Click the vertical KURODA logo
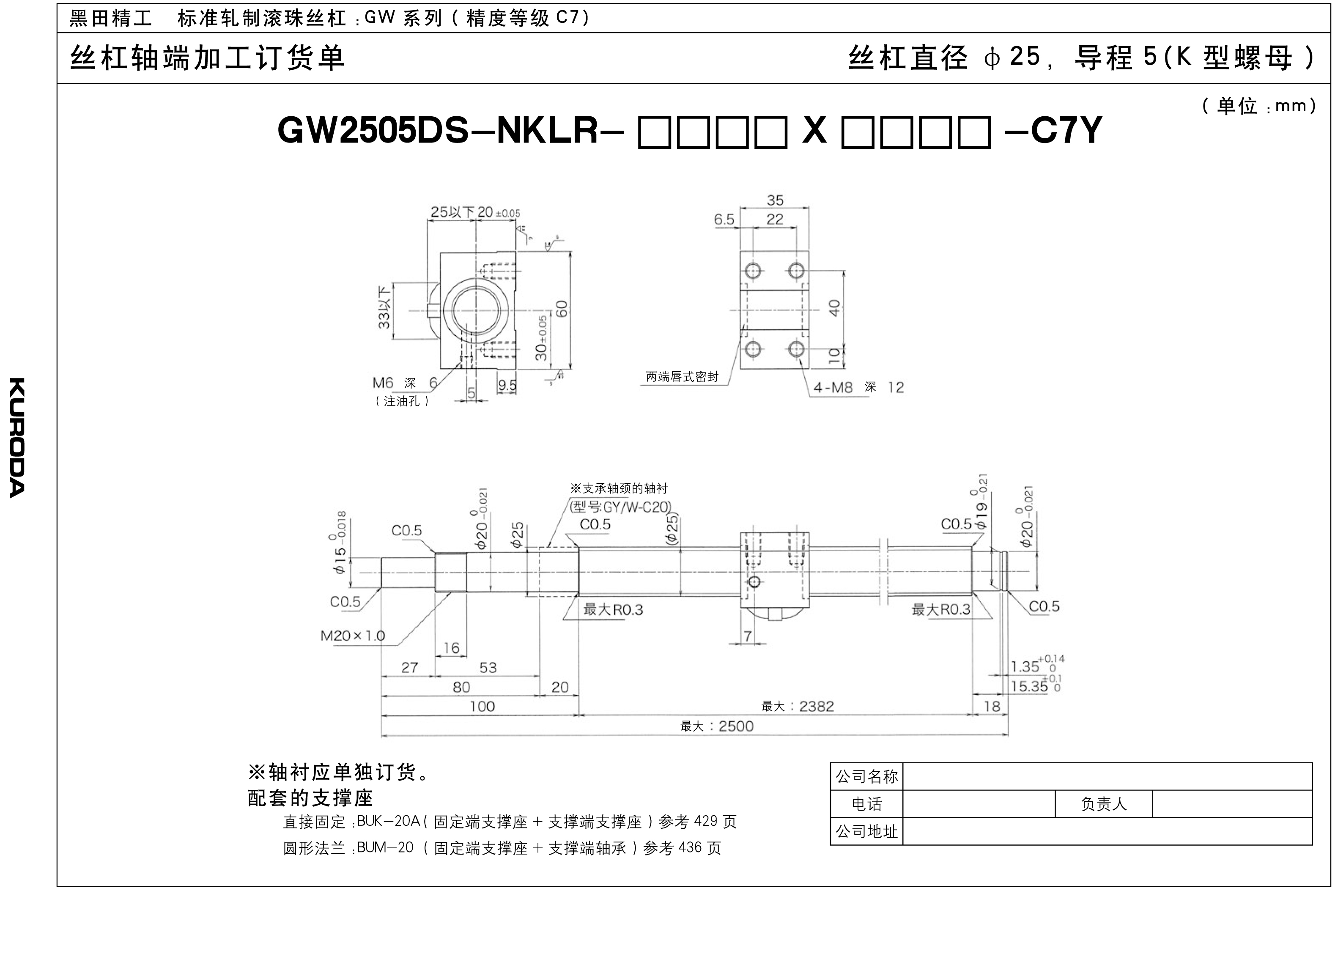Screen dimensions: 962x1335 (17, 437)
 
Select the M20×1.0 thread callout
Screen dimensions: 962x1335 (352, 636)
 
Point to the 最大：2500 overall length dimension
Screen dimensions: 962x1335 (716, 726)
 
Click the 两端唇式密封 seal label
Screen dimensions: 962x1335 (682, 377)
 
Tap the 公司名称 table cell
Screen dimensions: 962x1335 (866, 776)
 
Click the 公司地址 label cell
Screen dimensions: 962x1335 (866, 831)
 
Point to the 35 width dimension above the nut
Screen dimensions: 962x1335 (775, 200)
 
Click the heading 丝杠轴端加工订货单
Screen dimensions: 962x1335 (207, 58)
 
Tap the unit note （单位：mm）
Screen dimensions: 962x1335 (1258, 107)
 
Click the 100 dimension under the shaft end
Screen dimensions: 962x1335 (482, 707)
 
